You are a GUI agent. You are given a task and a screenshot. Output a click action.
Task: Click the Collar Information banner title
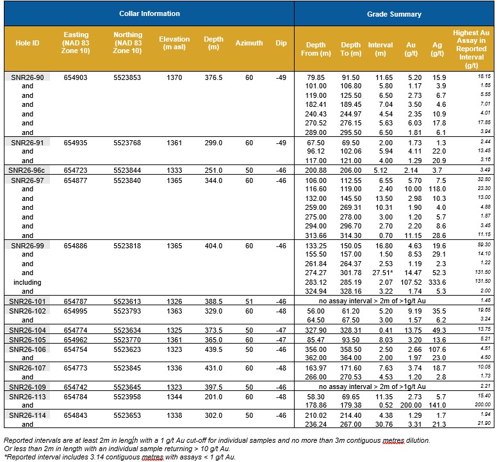[x=149, y=13]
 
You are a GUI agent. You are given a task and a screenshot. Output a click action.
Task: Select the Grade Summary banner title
[x=394, y=14]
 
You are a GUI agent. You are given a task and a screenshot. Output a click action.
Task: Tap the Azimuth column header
[x=248, y=43]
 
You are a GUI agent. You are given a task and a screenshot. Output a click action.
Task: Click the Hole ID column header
[x=28, y=43]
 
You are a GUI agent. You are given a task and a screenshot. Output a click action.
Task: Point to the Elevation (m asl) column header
[x=174, y=43]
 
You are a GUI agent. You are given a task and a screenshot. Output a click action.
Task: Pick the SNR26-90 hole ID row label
[x=28, y=77]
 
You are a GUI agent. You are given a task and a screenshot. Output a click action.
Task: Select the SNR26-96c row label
[x=27, y=170]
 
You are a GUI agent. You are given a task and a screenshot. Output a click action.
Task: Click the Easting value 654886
[x=76, y=246]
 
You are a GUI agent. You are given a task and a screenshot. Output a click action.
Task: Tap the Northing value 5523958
[x=127, y=397]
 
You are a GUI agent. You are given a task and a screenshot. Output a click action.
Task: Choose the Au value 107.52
[x=411, y=282]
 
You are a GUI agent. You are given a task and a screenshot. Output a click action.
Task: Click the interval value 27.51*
[x=382, y=273]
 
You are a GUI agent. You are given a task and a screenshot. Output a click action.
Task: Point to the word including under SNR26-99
[x=28, y=282]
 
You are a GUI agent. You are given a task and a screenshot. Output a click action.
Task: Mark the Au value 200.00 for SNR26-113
[x=411, y=405]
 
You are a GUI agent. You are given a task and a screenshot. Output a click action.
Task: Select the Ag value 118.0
[x=437, y=189]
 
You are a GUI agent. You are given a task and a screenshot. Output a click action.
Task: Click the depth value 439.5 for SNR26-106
[x=213, y=349]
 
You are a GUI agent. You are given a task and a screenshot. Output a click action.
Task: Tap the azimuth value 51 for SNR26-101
[x=249, y=301]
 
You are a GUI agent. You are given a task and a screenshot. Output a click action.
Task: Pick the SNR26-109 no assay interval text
[x=372, y=387]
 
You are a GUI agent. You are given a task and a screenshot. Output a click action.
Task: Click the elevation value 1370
[x=174, y=77]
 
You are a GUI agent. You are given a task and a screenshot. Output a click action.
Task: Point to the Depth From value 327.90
[x=316, y=330]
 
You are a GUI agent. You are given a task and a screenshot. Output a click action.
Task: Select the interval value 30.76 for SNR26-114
[x=384, y=424]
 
